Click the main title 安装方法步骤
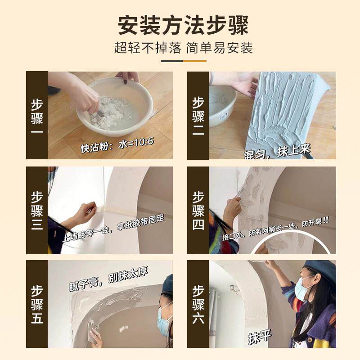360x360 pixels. [x=183, y=25]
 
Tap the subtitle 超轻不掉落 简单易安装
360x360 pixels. [x=184, y=48]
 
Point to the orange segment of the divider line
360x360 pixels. [x=195, y=61]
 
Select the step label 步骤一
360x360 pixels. [x=37, y=116]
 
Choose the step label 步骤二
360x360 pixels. [x=198, y=116]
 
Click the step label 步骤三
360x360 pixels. [x=37, y=211]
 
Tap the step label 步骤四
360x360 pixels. [x=198, y=211]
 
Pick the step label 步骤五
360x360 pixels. [x=37, y=305]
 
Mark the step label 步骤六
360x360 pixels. [x=198, y=305]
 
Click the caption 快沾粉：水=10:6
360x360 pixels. [x=117, y=145]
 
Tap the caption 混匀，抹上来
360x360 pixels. [x=277, y=152]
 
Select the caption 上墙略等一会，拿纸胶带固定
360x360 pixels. [x=113, y=229]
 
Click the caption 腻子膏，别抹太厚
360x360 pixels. [x=108, y=279]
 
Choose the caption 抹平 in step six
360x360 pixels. [x=260, y=337]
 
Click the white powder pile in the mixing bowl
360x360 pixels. [x=110, y=112]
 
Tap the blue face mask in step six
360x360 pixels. [x=304, y=289]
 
